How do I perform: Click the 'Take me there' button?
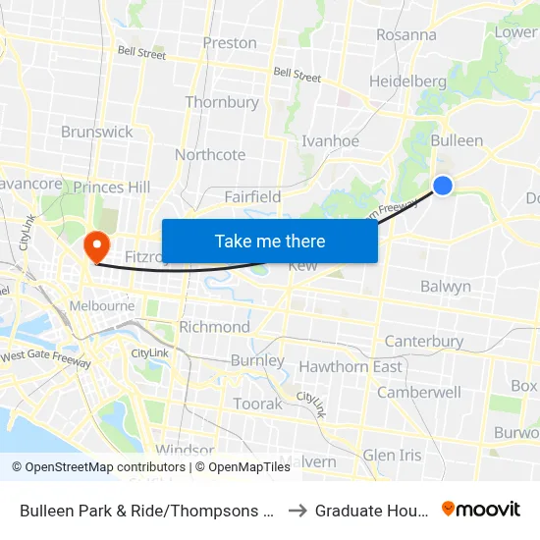pos(270,241)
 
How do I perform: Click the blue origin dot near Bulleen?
pos(443,185)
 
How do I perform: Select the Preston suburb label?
pos(230,43)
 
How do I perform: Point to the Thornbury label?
pos(222,102)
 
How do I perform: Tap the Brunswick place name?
pos(97,132)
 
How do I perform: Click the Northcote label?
pos(210,155)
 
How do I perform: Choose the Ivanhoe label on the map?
pos(330,140)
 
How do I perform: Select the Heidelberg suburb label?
pos(408,81)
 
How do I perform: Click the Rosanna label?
pos(406,34)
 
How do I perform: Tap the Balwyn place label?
pos(446,288)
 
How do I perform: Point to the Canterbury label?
pos(424,342)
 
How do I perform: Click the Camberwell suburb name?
pos(419,392)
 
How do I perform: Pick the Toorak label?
pos(258,404)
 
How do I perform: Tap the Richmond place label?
pos(214,327)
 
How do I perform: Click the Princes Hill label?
pos(112,187)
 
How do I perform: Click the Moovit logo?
pos(481,509)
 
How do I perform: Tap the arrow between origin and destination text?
pos(298,510)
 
